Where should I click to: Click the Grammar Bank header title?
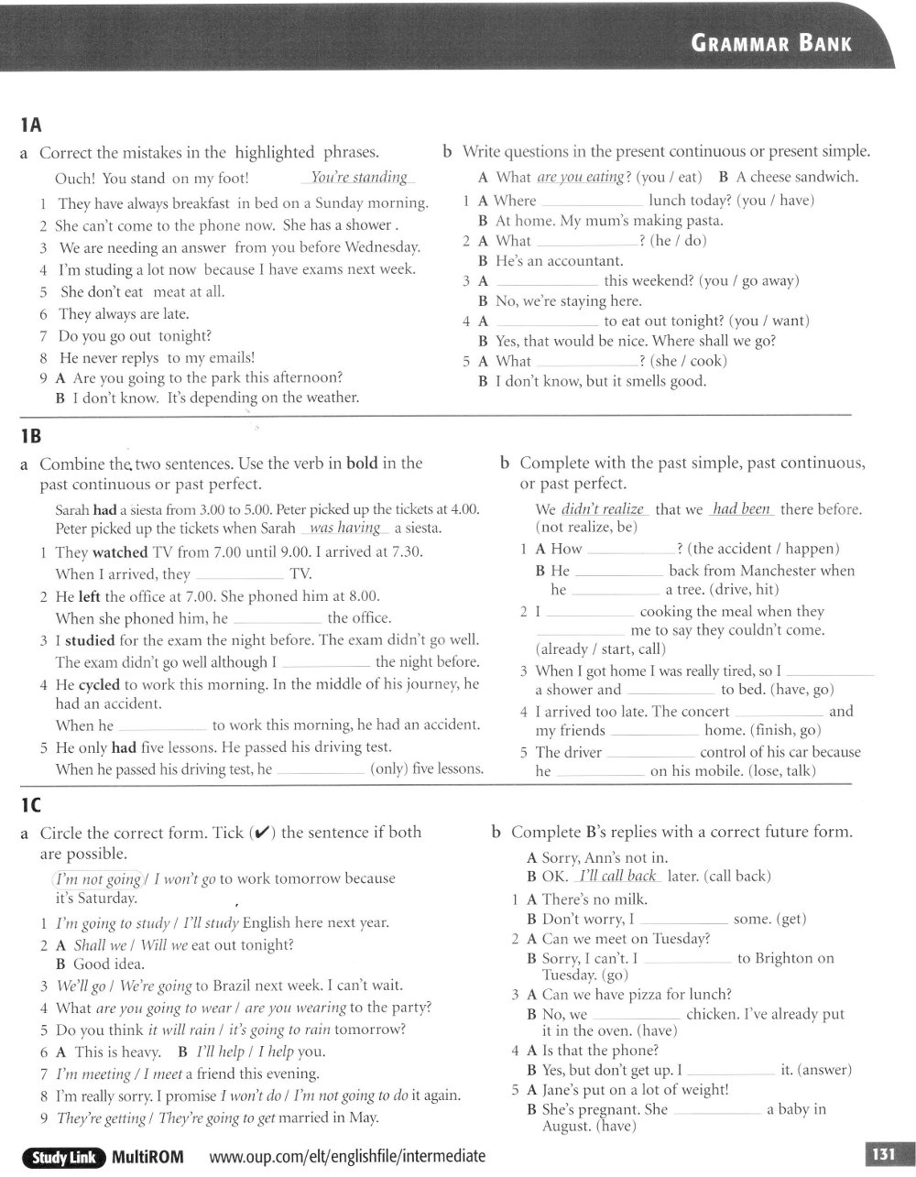pos(771,43)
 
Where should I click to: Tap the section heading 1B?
pos(30,435)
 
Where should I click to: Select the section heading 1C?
pos(30,805)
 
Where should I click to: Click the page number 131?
pos(882,1155)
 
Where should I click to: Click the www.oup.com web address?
pos(347,1157)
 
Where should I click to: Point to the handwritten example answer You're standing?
pos(359,178)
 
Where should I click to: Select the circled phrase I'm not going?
pos(99,878)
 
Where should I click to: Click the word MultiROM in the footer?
pos(147,1157)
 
